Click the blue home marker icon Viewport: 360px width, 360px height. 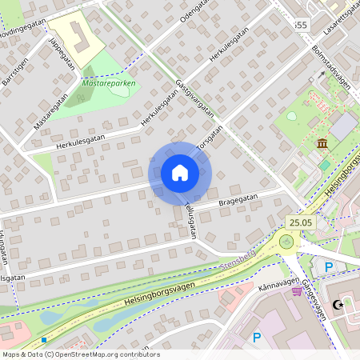[x=180, y=173]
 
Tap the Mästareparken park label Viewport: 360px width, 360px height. [x=108, y=82]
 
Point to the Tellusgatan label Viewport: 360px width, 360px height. [x=189, y=219]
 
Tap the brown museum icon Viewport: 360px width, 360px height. [x=322, y=143]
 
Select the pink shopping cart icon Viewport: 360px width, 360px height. [x=297, y=291]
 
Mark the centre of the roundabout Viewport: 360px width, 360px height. [x=286, y=242]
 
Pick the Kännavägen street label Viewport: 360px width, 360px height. [x=278, y=283]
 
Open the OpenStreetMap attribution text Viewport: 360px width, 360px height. [x=81, y=354]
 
